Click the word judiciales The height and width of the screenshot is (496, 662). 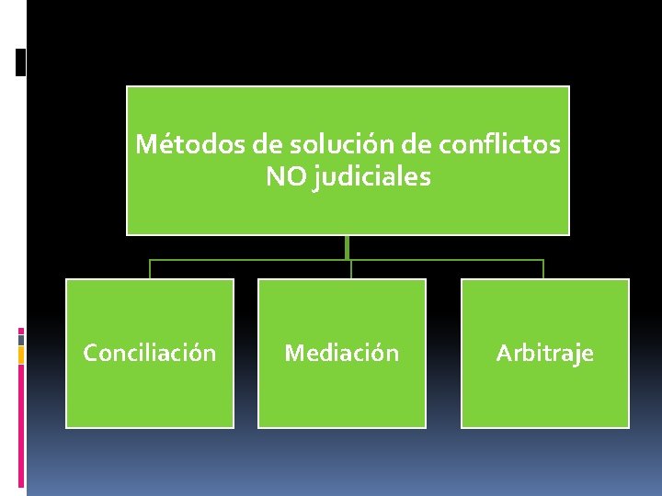tap(372, 177)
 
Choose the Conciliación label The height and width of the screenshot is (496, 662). tap(150, 353)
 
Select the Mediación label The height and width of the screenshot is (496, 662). tap(342, 353)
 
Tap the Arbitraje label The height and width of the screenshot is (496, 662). tap(545, 353)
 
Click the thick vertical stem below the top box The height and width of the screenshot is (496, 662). tap(348, 247)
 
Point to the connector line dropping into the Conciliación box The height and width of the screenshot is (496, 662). tap(150, 269)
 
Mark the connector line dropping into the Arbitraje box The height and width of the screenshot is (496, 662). tap(543, 269)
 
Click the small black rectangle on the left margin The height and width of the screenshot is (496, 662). tap(20, 62)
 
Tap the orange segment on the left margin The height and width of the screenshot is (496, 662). tap(21, 355)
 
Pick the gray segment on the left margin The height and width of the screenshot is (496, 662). tap(21, 339)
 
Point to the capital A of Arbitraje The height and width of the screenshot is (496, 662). tap(504, 353)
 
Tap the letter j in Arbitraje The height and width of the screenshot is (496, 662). tap(576, 355)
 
